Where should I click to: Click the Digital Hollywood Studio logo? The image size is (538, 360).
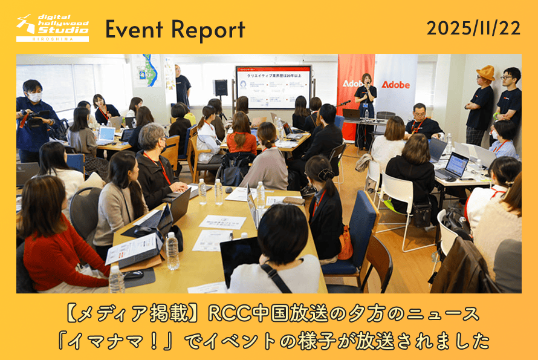[53, 28]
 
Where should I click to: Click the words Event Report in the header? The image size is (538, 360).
[175, 29]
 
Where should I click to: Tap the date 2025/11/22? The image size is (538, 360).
[473, 28]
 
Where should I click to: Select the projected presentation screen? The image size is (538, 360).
[273, 87]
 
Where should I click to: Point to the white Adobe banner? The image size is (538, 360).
[395, 84]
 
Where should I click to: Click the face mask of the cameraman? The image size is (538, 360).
[35, 97]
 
